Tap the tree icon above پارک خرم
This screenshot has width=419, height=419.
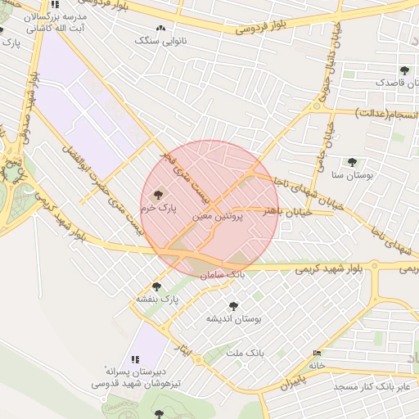[157, 195]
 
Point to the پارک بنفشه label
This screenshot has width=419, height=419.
[157, 300]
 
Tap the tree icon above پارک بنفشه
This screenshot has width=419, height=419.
[157, 286]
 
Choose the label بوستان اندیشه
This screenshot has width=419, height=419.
[232, 318]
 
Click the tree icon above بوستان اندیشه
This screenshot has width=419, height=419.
[233, 306]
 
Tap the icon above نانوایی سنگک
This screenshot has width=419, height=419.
[160, 28]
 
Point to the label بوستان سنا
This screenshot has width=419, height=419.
[353, 175]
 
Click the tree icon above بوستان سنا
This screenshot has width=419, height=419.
[352, 162]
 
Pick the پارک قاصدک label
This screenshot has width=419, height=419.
[394, 83]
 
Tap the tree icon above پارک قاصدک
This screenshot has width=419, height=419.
[403, 70]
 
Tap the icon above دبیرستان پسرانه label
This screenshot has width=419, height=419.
[136, 358]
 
